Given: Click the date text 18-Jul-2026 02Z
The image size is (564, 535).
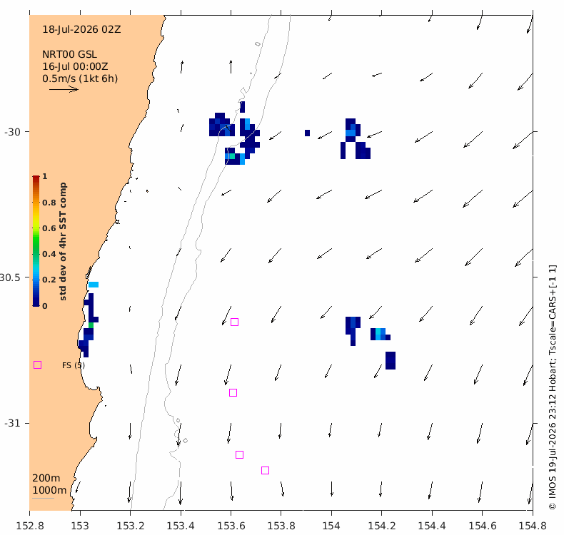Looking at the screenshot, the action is [x=81, y=29].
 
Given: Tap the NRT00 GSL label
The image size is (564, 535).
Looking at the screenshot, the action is [x=69, y=54].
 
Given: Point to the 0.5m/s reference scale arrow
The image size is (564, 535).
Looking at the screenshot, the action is [x=64, y=89].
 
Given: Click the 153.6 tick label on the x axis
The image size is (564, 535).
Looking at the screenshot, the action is [x=231, y=526].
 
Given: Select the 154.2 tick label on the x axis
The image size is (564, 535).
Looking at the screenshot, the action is [x=382, y=526].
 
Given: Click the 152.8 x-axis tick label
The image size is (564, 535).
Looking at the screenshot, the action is [x=30, y=526].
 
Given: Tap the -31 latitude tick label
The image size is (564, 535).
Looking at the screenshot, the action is [x=12, y=423].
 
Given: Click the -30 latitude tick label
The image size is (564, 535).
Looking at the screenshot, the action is [x=12, y=132].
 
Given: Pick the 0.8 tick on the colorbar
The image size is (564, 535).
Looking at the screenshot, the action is [x=49, y=203].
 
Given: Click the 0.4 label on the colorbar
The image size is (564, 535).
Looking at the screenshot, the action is [x=49, y=254].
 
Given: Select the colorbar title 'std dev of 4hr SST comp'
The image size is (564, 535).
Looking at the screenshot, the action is [x=63, y=241].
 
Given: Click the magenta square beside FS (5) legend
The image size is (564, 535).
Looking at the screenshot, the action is [x=37, y=365].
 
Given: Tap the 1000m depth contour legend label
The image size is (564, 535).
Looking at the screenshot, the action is [x=49, y=490].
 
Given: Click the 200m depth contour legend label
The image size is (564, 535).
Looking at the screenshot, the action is [x=46, y=478].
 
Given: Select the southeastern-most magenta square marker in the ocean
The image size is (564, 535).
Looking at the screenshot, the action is [x=265, y=470].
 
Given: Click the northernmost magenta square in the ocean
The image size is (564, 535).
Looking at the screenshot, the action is [x=234, y=322].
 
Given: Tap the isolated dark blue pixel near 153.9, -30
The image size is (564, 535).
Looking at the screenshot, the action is [x=307, y=133].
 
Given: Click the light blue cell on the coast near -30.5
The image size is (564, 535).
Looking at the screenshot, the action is [x=94, y=285].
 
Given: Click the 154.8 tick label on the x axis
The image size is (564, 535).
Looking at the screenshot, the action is [x=533, y=526].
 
